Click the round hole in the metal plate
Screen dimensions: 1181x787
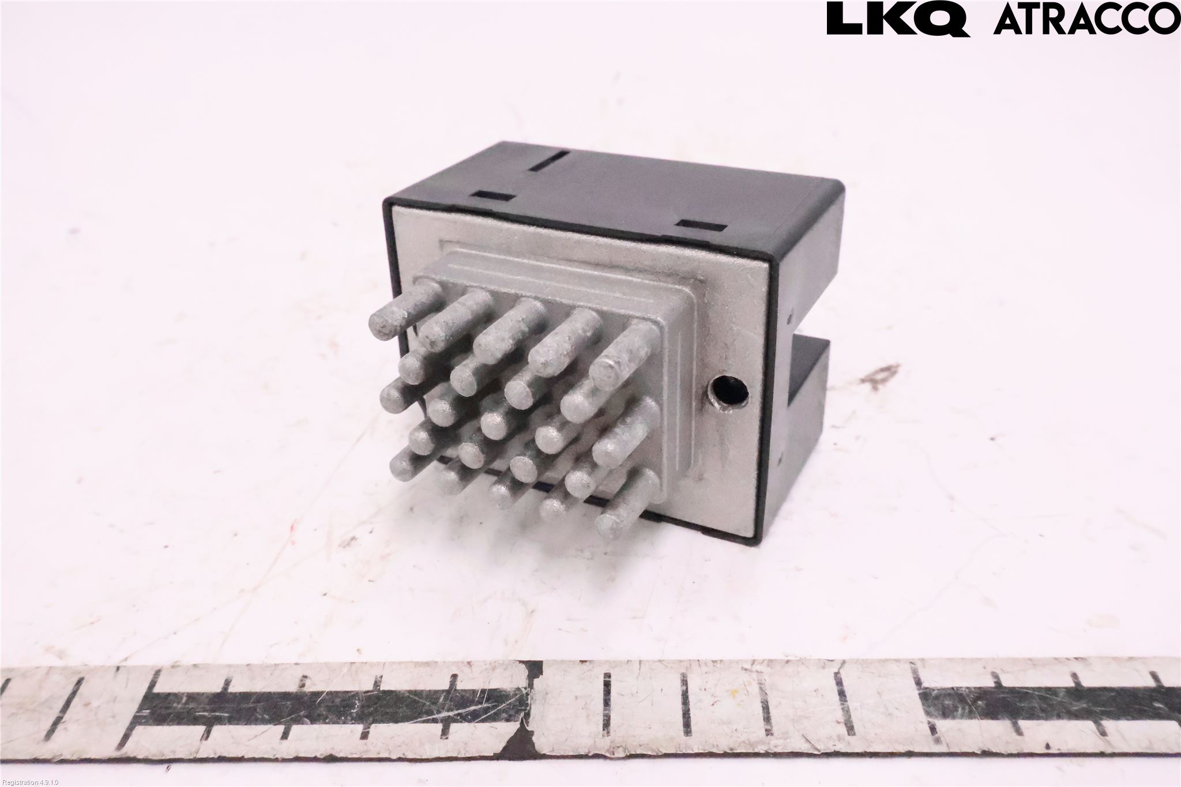[x=728, y=390]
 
